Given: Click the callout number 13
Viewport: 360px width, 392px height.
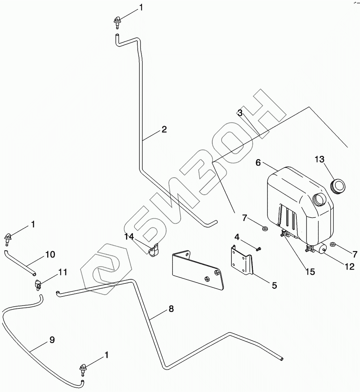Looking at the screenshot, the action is coord(319,159).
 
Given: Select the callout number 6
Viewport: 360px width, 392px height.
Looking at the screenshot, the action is coord(258,163).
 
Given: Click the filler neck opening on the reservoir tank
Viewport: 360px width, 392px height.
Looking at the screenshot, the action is coord(320,199).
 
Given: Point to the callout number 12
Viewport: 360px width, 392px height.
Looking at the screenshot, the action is coord(349,267).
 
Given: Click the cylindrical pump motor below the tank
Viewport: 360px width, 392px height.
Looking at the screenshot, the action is coord(320,249).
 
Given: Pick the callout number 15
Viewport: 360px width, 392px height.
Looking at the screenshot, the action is coord(310,272).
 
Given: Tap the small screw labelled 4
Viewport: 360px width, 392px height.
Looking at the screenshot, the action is coord(259,248).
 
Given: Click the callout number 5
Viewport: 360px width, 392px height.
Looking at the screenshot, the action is coord(275,286).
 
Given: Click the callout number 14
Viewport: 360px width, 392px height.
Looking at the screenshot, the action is coord(129,237).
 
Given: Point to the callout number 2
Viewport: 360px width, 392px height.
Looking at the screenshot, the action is coord(164,129).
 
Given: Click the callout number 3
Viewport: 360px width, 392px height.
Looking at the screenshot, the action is coord(240,113).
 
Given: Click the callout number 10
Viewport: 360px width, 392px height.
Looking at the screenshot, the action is coord(50,255).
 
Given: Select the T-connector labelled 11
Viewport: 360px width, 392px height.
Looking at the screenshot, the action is coord(38,284).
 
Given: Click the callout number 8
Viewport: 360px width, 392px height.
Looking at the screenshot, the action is coord(171,309).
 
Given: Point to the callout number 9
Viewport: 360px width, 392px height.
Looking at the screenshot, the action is coord(52,340).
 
